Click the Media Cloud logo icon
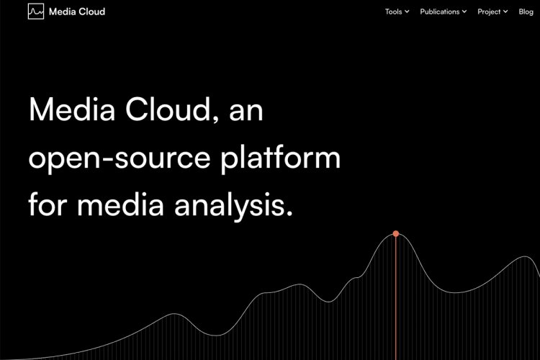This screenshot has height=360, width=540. pos(36,12)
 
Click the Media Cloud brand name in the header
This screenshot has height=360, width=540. pos(77,12)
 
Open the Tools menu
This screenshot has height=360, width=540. pos(393,12)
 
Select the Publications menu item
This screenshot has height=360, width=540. pos(439,12)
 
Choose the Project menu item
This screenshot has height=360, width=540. pos(489,12)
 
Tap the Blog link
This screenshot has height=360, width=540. pos(526,12)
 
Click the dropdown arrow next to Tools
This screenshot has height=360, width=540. pos(407,12)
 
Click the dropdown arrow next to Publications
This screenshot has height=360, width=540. pos(464,12)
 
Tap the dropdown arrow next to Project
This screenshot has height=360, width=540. pos(505,12)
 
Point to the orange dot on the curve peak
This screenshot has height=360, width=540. pos(396,233)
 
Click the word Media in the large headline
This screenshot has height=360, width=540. pos(71,109)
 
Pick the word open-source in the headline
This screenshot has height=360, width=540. pos(119,158)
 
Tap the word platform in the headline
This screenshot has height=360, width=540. pos(280,157)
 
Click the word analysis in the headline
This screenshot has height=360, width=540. pos(230,205)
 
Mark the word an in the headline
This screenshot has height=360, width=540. pos(246,112)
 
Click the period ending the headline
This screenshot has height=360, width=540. pos(289,213)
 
